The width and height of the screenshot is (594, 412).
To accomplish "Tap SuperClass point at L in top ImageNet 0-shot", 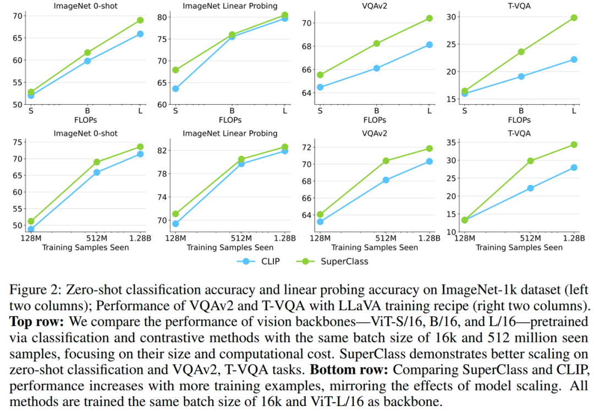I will coord(140,20).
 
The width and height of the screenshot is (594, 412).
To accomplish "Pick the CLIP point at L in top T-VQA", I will coord(574,59).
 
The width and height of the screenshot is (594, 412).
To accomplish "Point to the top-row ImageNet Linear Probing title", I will coord(230,6).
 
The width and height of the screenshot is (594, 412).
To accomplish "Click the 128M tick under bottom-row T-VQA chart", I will coord(465,238).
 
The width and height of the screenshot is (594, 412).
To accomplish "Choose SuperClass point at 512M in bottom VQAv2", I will coord(386,161).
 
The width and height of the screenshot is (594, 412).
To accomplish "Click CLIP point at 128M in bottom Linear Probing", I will coord(175,224).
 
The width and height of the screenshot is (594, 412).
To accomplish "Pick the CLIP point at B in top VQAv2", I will coord(377,68).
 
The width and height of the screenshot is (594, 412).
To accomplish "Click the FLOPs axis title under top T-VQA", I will coord(519,120).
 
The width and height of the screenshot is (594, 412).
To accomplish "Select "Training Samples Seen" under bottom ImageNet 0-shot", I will coord(86,247).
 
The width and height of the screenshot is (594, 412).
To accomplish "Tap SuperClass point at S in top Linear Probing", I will coord(175,70).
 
